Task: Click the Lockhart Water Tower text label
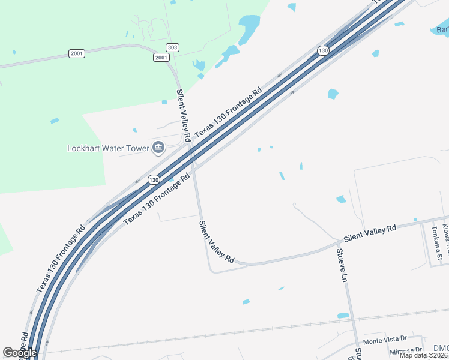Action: tap(108, 148)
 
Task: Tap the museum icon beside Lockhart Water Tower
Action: tap(158, 147)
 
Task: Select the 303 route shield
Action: tap(173, 47)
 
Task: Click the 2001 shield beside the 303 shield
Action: tap(161, 57)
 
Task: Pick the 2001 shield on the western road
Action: tap(76, 53)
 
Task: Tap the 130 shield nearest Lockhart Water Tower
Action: tap(154, 179)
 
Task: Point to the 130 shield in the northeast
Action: tap(323, 50)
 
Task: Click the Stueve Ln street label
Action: tap(342, 266)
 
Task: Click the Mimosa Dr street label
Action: tap(406, 351)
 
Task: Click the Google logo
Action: tap(20, 353)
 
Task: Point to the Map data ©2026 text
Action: tap(424, 355)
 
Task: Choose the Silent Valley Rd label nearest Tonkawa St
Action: tap(370, 230)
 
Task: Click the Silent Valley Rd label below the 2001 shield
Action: tap(183, 116)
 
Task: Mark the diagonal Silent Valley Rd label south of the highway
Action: tap(216, 241)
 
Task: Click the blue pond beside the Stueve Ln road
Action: tap(343, 315)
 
